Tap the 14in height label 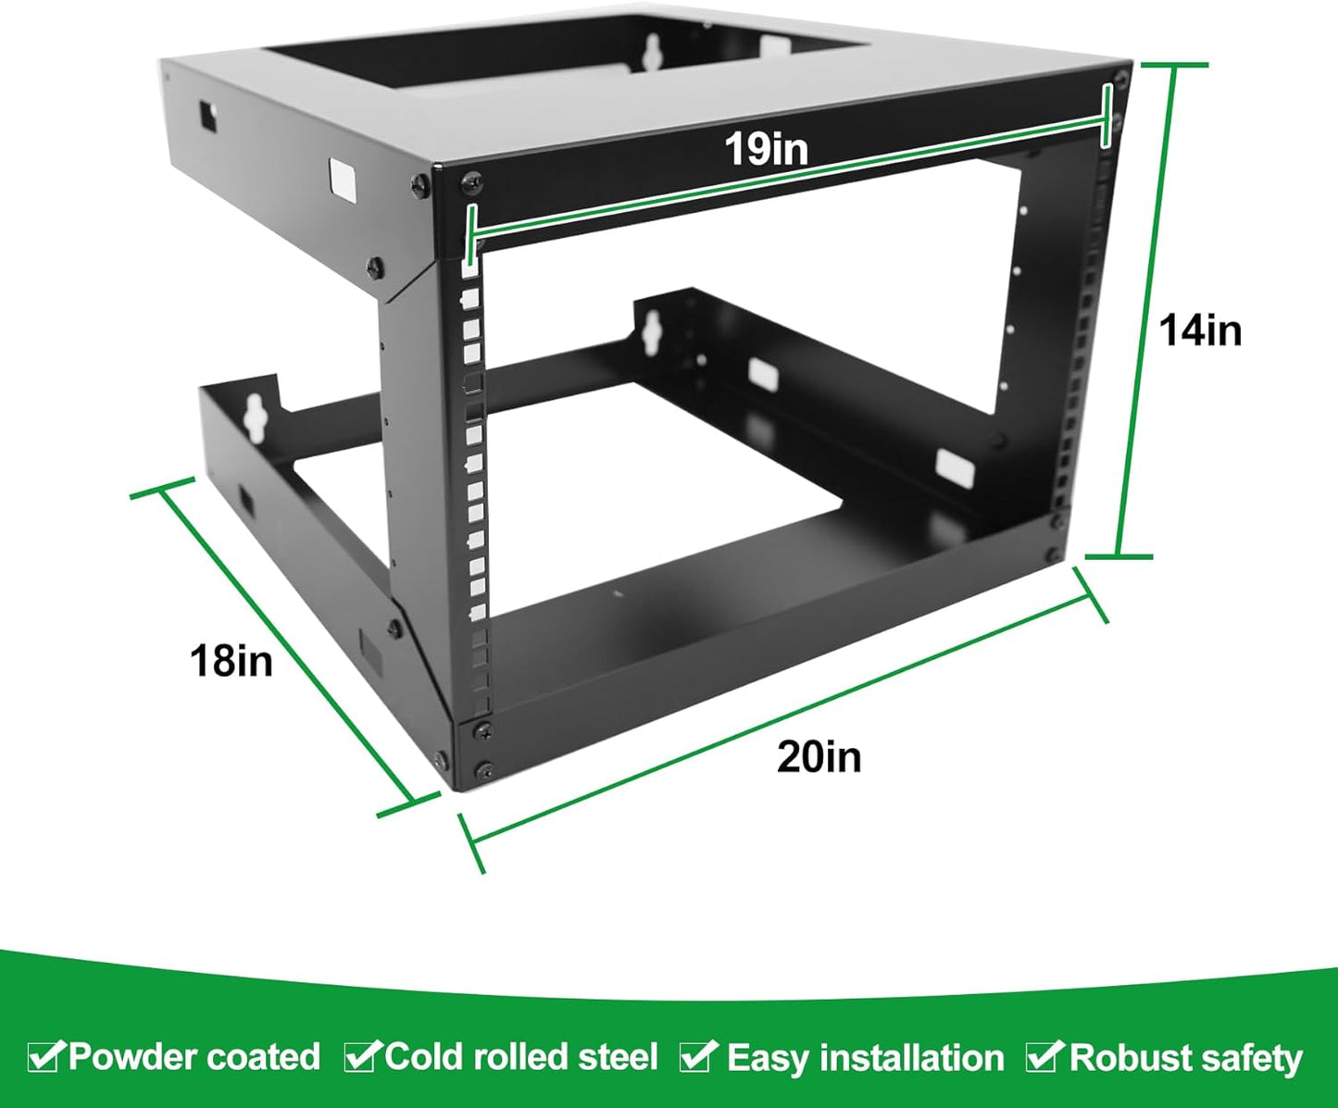pyautogui.click(x=1200, y=330)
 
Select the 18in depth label pyautogui.click(x=231, y=661)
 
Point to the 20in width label pyautogui.click(x=819, y=756)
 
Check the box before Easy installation pyautogui.click(x=698, y=1055)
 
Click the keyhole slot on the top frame pyautogui.click(x=653, y=50)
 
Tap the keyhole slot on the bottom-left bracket pyautogui.click(x=256, y=417)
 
